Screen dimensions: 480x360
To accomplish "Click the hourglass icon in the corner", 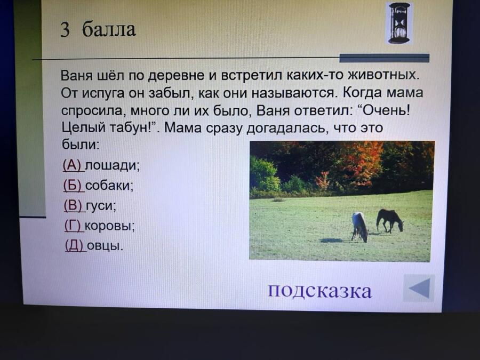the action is coord(399,23).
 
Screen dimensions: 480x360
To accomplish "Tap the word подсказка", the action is coord(320,290).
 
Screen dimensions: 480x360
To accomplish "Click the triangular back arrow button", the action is coord(419,288).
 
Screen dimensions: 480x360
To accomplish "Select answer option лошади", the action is coord(112,166).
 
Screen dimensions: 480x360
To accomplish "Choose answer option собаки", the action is coord(109,186).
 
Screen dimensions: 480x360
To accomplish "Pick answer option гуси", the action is coord(101,206).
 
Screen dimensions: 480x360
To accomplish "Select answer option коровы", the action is coord(109,226).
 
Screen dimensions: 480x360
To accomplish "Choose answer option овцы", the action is coord(105,245).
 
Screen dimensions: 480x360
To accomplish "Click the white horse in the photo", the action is coord(359,227).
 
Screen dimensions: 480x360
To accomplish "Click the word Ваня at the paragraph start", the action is coord(76,75).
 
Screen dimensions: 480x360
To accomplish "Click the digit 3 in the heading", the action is coord(65,30).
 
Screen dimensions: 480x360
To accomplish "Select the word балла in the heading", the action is coord(109,29).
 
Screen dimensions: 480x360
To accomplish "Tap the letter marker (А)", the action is coord(72,166).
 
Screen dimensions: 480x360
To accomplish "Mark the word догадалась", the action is coord(286,127).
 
